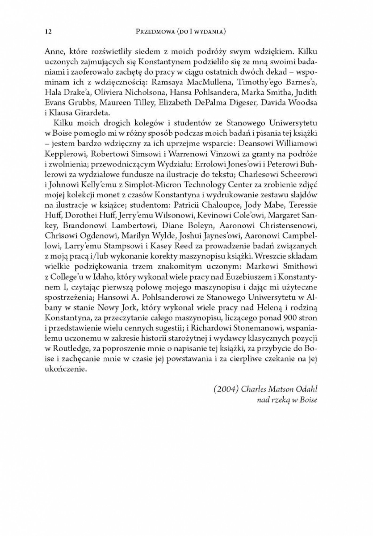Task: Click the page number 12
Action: tap(48, 31)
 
